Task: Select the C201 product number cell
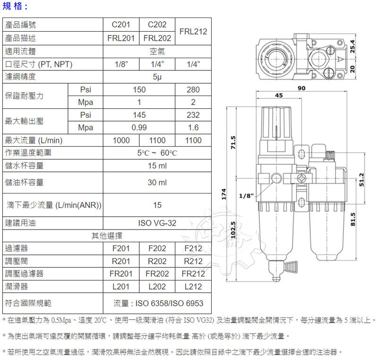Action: point(121,25)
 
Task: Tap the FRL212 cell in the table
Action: point(193,32)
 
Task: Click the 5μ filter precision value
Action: point(157,77)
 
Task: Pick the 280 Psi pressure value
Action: point(193,89)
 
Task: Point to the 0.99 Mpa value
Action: point(139,128)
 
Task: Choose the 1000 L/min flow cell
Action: point(121,140)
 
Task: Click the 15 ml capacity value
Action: point(157,166)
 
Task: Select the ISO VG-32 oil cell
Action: point(157,223)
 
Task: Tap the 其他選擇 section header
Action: point(107,236)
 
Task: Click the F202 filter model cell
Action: point(157,248)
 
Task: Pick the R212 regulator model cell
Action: point(193,261)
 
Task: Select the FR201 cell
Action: point(121,273)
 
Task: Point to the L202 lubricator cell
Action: point(157,286)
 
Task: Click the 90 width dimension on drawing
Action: point(301,88)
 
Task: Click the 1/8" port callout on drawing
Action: point(247,195)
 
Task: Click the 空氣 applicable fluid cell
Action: point(157,51)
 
